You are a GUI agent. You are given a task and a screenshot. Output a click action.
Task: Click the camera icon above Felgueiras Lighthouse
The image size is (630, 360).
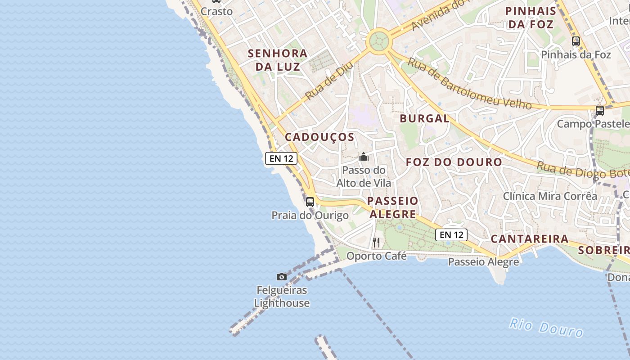tap(282, 277)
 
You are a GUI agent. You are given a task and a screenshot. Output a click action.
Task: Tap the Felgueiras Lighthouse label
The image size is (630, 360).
tap(282, 297)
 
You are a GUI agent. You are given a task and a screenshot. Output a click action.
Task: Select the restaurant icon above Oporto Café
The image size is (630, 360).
tap(377, 243)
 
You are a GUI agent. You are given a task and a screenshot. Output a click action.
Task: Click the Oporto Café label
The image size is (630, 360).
tap(376, 256)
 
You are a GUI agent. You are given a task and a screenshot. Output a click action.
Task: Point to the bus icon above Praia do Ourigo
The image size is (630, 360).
tap(310, 202)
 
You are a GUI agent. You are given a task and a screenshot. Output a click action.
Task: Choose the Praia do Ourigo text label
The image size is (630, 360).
tap(310, 216)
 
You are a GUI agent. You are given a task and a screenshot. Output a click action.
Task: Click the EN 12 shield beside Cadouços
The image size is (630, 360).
tap(281, 158)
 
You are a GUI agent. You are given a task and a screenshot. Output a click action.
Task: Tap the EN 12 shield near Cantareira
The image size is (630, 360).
tap(451, 234)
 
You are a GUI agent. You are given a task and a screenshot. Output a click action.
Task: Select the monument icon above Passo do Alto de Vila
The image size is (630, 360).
tap(364, 157)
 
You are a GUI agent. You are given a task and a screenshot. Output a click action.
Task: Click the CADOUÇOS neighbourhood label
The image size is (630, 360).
tap(319, 137)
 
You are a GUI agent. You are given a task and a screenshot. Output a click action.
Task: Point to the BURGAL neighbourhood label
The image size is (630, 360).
tap(424, 119)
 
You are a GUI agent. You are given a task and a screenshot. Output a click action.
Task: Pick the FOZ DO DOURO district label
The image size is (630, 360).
tap(454, 162)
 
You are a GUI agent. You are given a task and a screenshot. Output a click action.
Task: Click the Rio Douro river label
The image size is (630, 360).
tap(546, 327)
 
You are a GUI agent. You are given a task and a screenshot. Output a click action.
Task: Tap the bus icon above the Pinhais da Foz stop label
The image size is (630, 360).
tap(576, 41)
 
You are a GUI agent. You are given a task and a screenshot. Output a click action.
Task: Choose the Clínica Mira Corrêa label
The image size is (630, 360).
tap(550, 196)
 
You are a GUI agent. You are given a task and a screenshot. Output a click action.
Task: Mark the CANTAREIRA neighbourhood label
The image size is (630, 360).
tap(530, 239)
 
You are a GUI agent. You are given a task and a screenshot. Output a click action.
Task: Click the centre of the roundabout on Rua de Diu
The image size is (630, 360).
tap(378, 42)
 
